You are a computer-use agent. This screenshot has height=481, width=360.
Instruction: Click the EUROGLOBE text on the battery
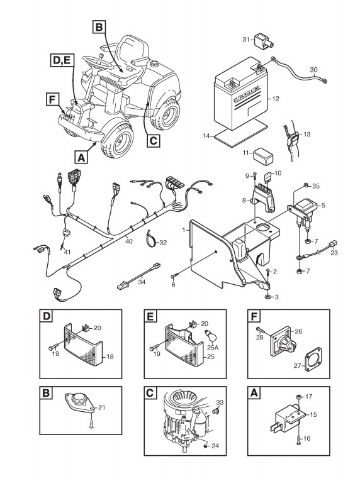pos(247,94)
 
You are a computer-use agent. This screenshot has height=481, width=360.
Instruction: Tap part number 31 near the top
pos(246,40)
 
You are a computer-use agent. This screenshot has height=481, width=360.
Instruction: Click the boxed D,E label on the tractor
pos(62,60)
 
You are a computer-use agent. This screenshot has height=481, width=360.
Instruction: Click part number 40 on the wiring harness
pos(129,241)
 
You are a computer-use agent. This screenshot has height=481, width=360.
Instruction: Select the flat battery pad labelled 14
pos(240,131)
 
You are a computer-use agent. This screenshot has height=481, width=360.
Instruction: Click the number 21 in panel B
pos(102,407)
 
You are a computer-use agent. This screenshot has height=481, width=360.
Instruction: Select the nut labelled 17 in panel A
pos(300,397)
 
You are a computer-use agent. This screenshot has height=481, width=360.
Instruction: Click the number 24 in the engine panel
pos(215,446)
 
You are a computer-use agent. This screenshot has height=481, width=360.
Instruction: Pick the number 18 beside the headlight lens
pos(110,357)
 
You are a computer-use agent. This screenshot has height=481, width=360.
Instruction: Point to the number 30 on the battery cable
pos(313,70)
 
